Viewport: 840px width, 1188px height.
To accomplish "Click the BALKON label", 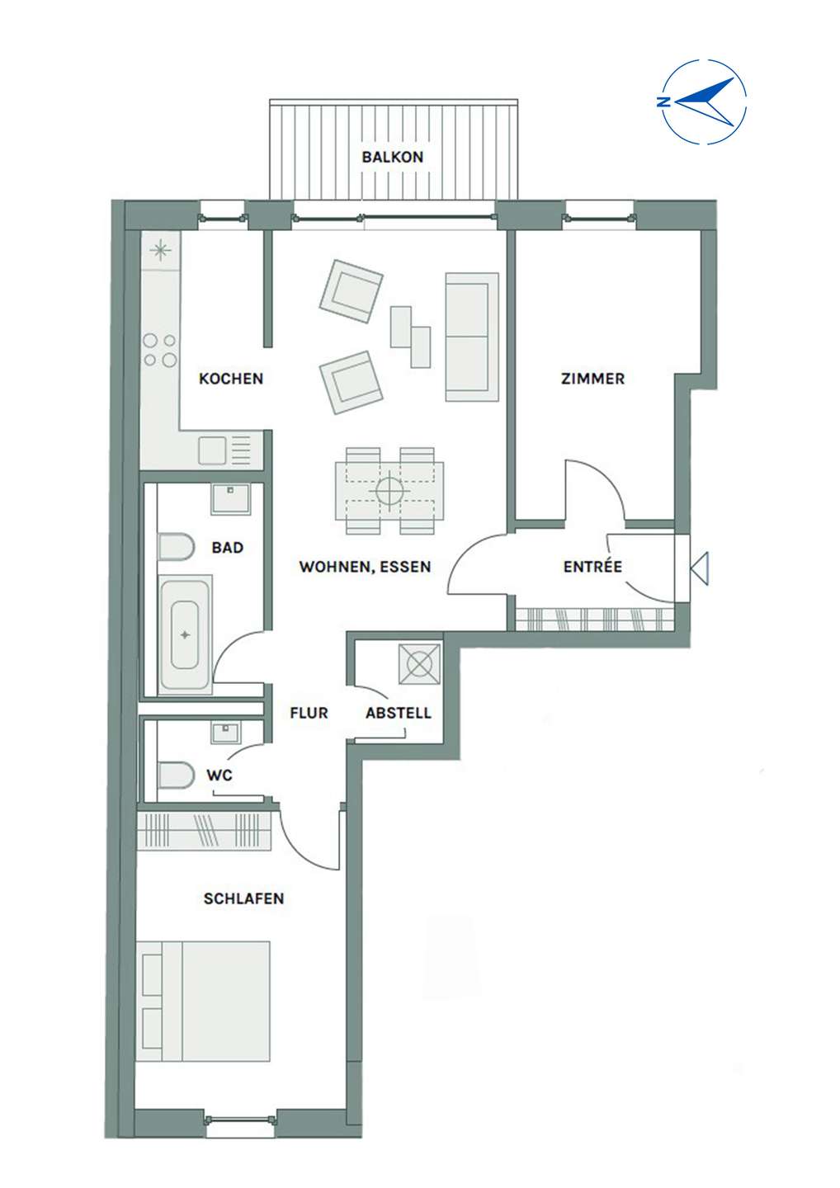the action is (x=393, y=157).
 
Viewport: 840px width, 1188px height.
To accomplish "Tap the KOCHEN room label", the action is (x=231, y=379).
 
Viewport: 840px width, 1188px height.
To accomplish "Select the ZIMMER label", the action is (x=593, y=379).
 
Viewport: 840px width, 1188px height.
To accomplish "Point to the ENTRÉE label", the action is (x=592, y=567).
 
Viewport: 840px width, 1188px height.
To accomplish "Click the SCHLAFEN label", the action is (x=244, y=898).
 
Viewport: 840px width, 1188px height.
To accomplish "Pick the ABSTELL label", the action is (x=399, y=713).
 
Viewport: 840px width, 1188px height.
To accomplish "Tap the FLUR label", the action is (x=309, y=713).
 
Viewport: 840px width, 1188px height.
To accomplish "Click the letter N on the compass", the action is (x=663, y=101).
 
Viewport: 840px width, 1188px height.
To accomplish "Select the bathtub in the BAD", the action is (x=185, y=635).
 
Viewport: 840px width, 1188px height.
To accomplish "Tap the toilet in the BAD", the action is (x=176, y=546).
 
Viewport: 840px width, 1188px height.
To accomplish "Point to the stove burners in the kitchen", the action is (x=159, y=350).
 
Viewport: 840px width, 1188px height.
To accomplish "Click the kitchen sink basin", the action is (x=212, y=450).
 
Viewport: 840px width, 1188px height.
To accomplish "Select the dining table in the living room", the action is (x=389, y=491).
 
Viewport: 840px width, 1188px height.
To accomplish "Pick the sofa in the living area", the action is (x=472, y=337).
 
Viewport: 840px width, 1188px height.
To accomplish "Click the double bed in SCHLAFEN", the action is (x=203, y=1002).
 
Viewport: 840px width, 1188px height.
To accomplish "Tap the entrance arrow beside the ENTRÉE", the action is (x=699, y=568).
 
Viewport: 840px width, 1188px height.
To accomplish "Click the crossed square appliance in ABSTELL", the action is (x=419, y=663).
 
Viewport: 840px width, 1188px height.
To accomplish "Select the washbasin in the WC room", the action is (x=226, y=733).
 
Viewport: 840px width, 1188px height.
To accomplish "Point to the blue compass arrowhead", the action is (x=707, y=101).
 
